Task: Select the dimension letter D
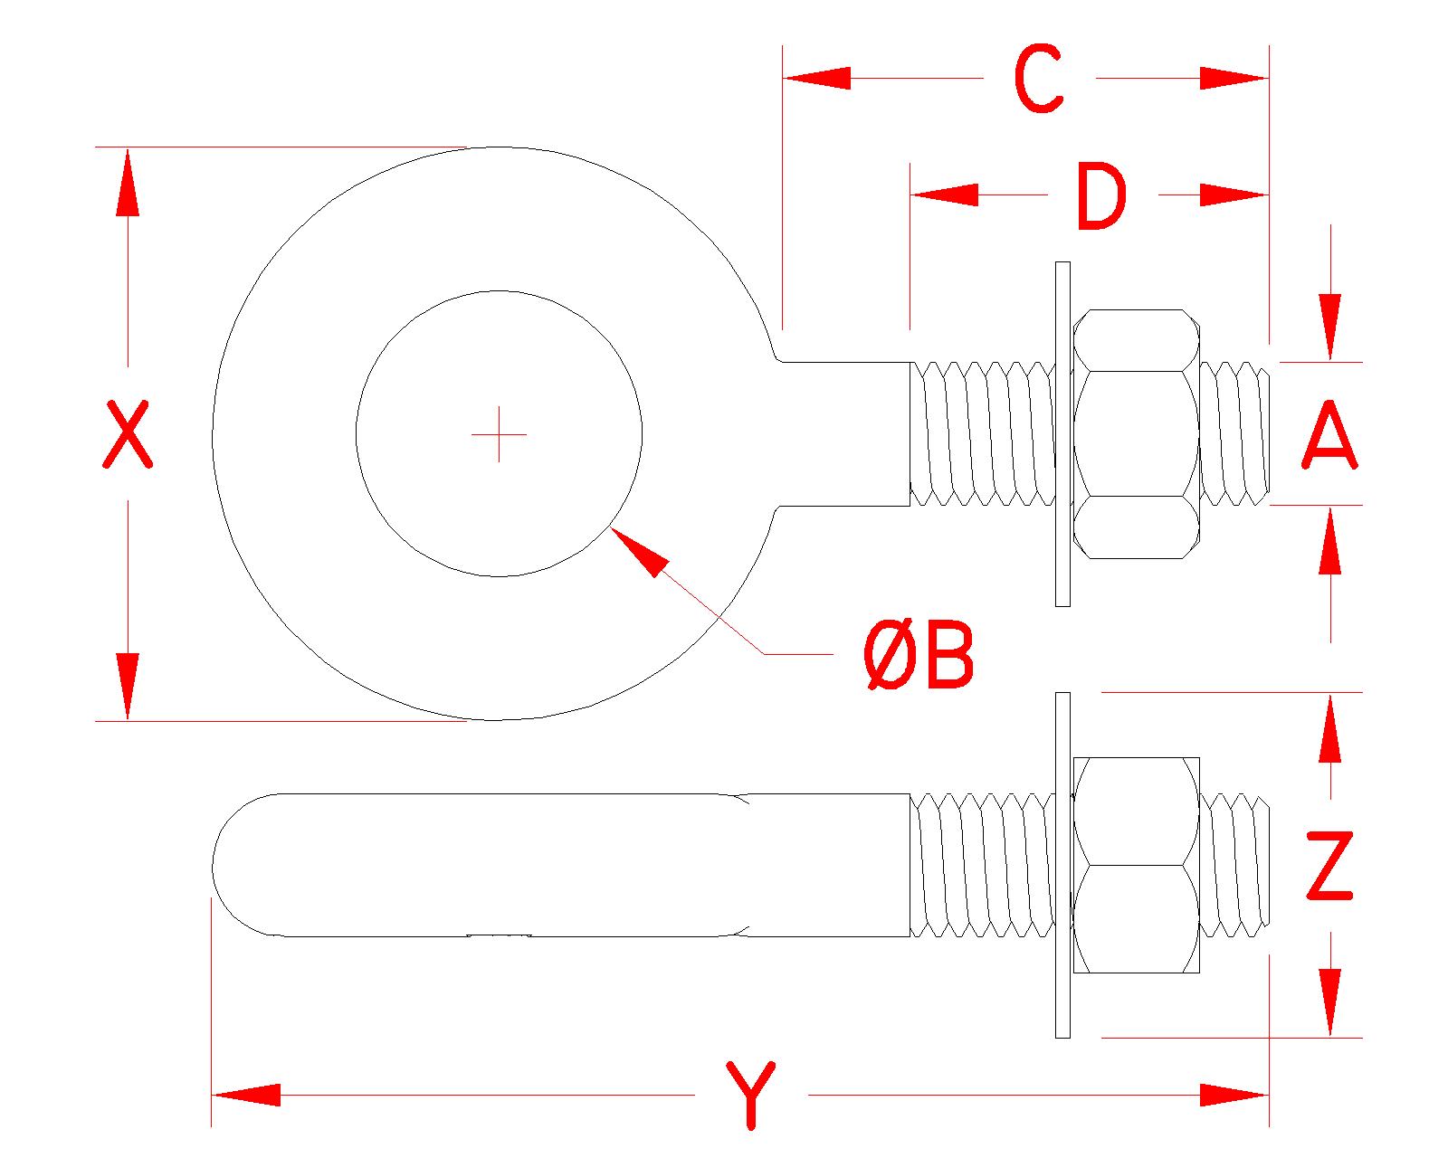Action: click(1102, 195)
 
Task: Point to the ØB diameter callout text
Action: click(919, 656)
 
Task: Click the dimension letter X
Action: click(126, 435)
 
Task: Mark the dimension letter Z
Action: click(1329, 867)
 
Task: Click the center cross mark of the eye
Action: click(500, 434)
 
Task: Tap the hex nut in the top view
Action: click(1136, 434)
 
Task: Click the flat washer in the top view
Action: click(1062, 434)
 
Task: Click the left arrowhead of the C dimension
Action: click(816, 79)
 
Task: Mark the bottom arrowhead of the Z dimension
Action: click(1329, 1002)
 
